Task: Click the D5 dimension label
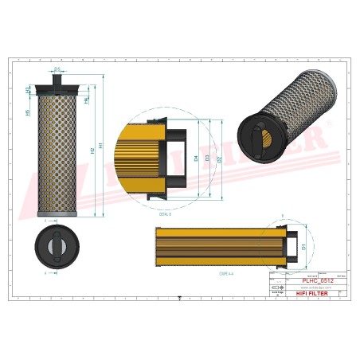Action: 58,70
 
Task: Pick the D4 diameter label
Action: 196,158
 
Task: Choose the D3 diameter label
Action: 207,158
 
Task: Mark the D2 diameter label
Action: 218,158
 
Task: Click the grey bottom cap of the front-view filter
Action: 58,216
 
